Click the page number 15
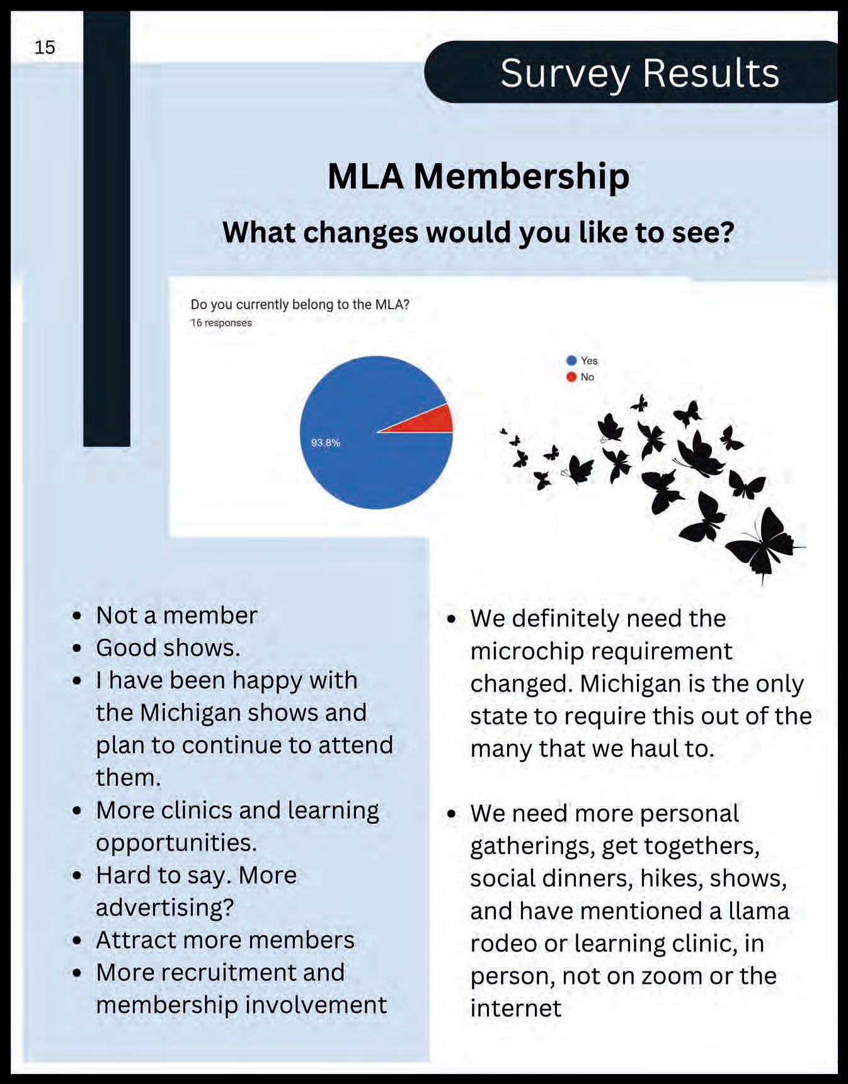click(45, 48)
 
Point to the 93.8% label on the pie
click(325, 443)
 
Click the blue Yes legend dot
click(571, 360)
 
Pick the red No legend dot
click(571, 377)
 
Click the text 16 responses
click(221, 323)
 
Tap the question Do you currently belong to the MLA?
click(300, 305)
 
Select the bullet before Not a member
click(77, 615)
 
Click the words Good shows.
click(168, 648)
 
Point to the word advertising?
click(165, 908)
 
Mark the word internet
click(515, 1009)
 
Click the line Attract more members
click(225, 940)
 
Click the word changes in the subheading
click(360, 232)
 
